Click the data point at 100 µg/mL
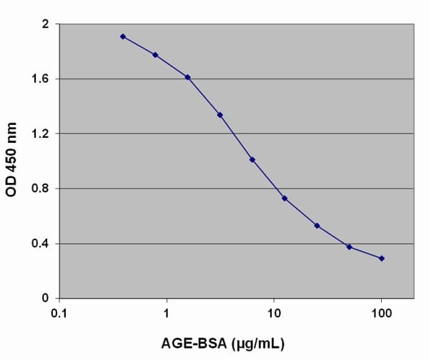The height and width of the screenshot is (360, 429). (381, 258)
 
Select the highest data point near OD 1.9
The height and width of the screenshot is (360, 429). (123, 36)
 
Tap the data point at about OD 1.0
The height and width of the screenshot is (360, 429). (252, 160)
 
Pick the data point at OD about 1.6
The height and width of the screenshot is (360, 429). (187, 77)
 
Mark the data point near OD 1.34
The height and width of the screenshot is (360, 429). (220, 115)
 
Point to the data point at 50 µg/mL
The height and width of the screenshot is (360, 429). (349, 246)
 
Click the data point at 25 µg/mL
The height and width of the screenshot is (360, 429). (317, 226)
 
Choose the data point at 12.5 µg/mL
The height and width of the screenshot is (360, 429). (285, 198)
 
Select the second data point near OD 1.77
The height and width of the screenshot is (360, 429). (155, 55)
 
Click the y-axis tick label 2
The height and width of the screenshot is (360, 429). (45, 24)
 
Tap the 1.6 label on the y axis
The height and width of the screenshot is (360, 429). (40, 79)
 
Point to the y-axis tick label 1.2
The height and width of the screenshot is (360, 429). (40, 134)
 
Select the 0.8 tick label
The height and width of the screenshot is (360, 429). (40, 189)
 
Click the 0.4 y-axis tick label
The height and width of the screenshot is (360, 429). (40, 244)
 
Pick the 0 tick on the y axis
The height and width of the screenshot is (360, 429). (45, 299)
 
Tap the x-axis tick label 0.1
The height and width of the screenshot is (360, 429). (59, 313)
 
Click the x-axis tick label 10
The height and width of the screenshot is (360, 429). (274, 313)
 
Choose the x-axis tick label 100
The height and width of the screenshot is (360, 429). (381, 313)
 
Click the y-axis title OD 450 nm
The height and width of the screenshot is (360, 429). (12, 161)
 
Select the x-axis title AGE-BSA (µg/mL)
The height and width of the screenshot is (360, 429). (237, 344)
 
